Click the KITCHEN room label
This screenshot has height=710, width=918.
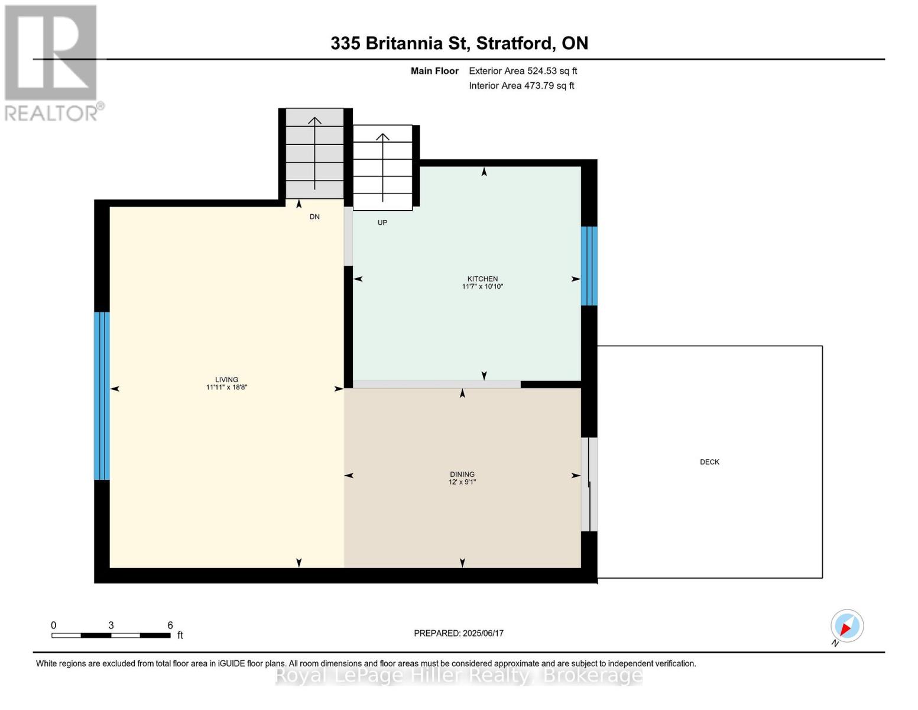coord(482,279)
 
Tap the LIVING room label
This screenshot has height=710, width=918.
coord(226,380)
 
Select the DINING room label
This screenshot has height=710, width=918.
coord(462,474)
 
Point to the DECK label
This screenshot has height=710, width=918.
coord(709,462)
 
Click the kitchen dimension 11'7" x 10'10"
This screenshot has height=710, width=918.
coord(482,287)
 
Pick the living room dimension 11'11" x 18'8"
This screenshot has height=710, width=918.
coord(226,388)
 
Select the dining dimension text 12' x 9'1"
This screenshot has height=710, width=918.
coord(462,482)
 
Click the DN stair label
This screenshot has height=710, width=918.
coord(314,217)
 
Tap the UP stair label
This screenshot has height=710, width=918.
coord(382,223)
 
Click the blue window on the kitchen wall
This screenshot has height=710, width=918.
coord(589,266)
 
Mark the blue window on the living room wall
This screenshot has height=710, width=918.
coord(102,395)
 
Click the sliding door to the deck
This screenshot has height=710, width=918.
coord(589,485)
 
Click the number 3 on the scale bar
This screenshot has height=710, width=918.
coord(111,625)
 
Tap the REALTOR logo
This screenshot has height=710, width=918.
coord(52,62)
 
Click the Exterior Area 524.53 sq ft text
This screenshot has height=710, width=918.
coord(523,71)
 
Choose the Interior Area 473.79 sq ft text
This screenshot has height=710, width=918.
coord(521,86)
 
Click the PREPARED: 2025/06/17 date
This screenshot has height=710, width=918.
coord(459,633)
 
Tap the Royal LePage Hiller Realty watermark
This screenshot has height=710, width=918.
coord(459,675)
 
